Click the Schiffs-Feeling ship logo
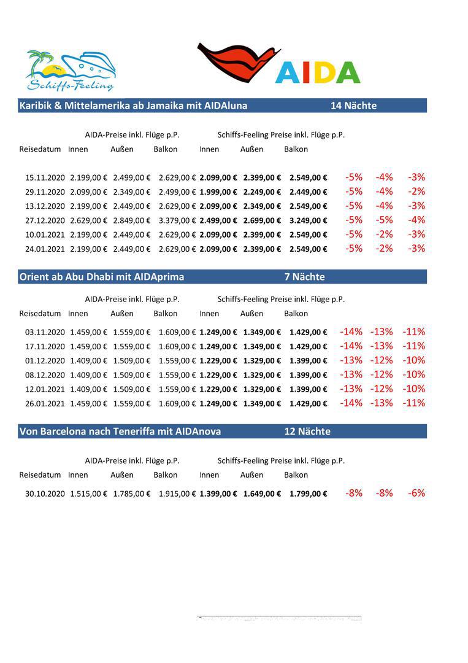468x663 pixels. click(71, 71)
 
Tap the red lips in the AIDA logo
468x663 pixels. click(236, 63)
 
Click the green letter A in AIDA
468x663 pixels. click(348, 72)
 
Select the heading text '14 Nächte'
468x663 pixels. click(353, 106)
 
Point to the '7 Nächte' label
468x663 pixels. click(304, 277)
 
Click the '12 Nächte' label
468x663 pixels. click(307, 432)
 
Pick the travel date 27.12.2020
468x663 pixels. click(45, 220)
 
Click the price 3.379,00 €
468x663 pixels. click(177, 220)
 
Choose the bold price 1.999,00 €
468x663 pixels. click(218, 192)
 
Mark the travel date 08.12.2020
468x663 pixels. click(45, 375)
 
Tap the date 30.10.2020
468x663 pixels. click(45, 494)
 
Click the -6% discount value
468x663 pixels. click(416, 493)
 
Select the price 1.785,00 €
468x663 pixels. click(131, 494)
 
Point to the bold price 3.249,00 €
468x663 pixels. click(308, 220)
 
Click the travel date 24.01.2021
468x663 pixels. click(45, 249)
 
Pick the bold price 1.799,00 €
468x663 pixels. click(308, 494)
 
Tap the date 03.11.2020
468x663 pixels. click(45, 332)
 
